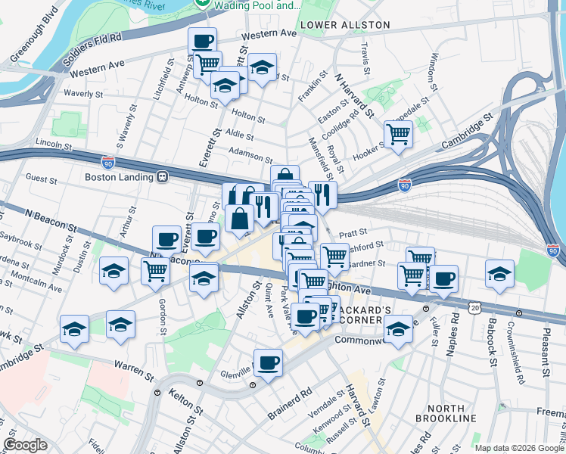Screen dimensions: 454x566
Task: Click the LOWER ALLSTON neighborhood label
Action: click(345, 25)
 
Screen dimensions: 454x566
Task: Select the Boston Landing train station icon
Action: click(162, 176)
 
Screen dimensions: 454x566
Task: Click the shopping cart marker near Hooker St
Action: click(398, 135)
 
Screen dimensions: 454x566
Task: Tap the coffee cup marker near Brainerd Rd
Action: click(268, 363)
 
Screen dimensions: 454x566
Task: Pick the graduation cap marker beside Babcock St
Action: click(499, 275)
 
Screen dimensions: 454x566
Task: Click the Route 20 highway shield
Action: click(474, 307)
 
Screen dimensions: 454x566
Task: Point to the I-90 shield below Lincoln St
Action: click(108, 161)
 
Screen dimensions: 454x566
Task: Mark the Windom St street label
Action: click(434, 68)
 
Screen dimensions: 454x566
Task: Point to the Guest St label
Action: click(41, 179)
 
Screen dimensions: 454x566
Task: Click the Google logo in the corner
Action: click(25, 444)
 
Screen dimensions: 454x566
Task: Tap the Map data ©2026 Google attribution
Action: click(519, 448)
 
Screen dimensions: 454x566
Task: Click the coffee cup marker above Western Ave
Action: click(202, 41)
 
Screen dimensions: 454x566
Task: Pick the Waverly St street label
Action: click(84, 94)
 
